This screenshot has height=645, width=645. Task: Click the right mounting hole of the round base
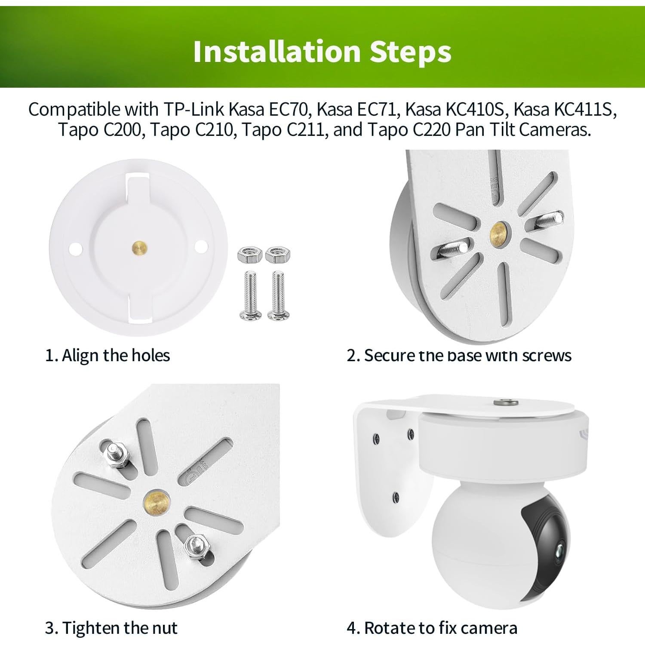[x=201, y=246]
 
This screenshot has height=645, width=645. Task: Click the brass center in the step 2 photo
[x=498, y=232]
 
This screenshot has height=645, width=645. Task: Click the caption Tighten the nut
[x=111, y=628]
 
